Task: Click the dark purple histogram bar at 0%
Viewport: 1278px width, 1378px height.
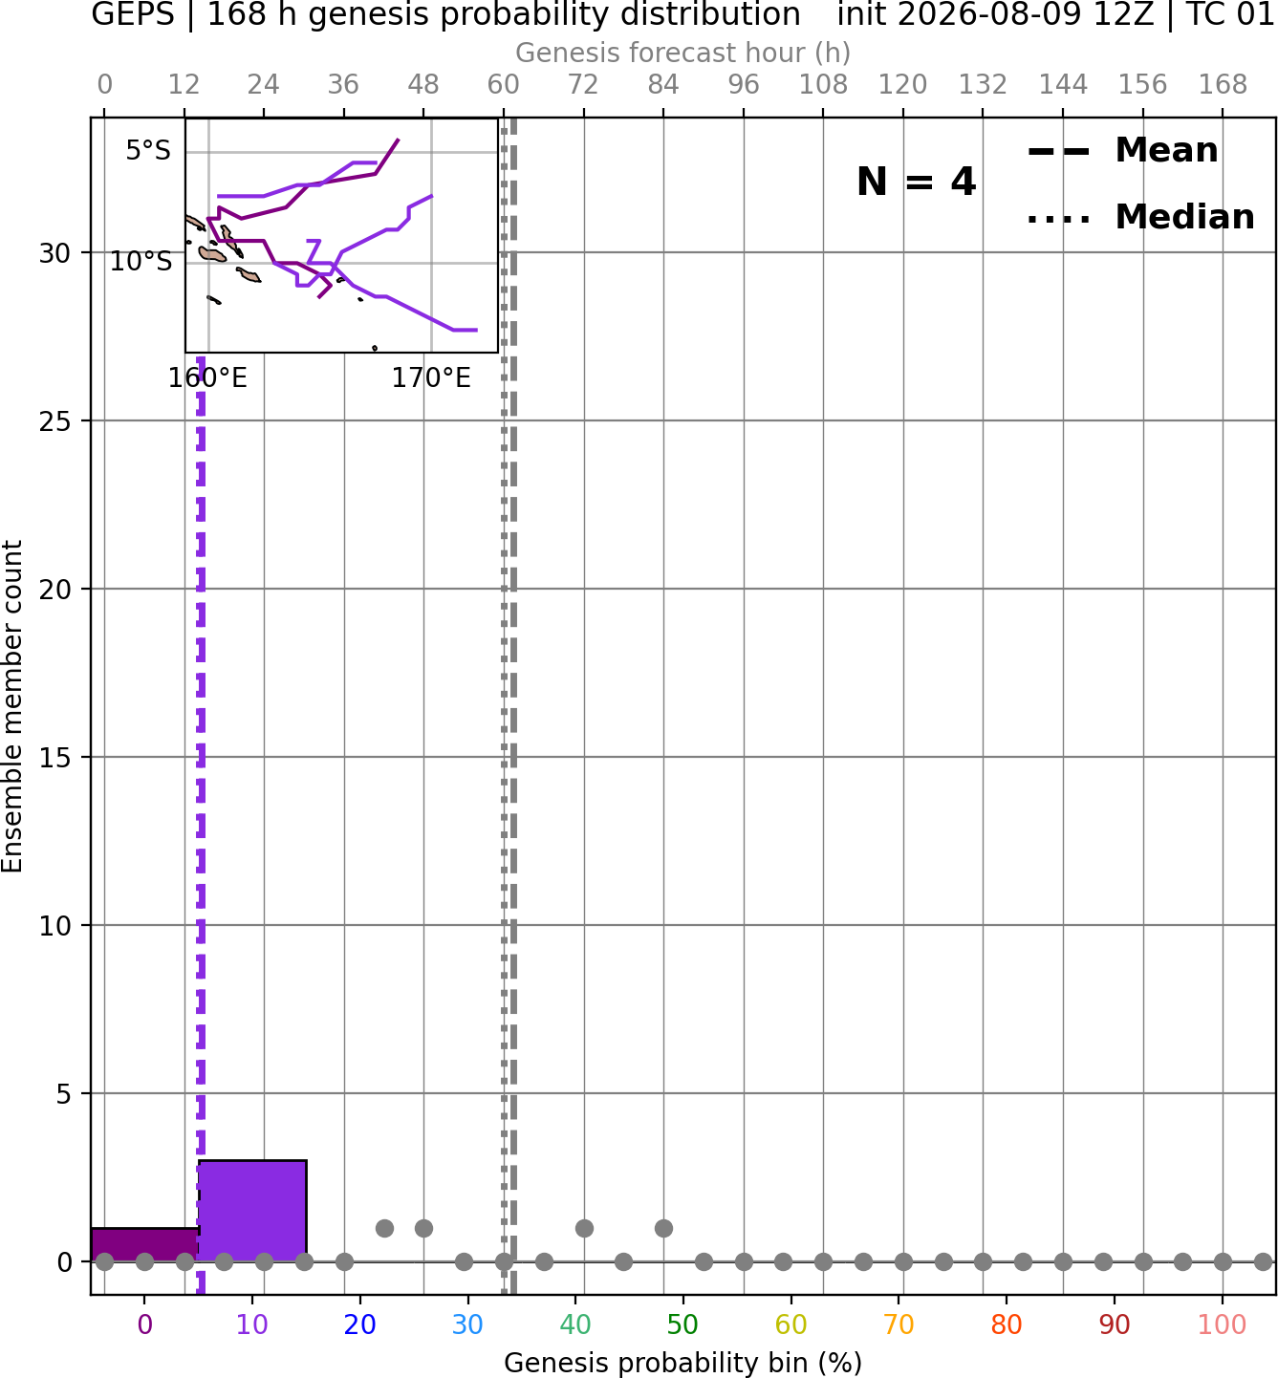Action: [145, 1244]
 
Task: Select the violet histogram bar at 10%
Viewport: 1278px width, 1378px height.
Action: [252, 1211]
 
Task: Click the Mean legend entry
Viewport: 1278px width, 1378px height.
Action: [1122, 151]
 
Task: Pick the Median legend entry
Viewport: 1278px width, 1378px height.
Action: [1140, 217]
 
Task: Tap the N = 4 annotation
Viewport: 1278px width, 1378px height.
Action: [917, 182]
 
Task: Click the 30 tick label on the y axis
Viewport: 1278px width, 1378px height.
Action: [54, 254]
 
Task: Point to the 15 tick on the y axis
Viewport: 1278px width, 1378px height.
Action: [54, 758]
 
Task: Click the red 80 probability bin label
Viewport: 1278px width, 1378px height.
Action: [1007, 1324]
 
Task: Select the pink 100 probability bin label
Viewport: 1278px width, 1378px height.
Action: [1223, 1324]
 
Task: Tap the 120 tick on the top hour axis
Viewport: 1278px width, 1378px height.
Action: [902, 85]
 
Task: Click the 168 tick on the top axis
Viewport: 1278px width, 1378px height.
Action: [1223, 85]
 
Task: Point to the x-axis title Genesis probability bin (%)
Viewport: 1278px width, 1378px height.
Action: [683, 1363]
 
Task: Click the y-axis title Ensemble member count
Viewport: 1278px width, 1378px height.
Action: [12, 706]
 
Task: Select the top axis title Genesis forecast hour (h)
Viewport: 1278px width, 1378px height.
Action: [683, 53]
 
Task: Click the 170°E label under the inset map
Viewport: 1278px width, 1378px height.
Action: [431, 378]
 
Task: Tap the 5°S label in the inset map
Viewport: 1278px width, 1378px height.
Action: [148, 151]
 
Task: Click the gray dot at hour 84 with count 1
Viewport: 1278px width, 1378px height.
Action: [663, 1228]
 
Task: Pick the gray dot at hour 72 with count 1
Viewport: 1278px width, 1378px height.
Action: [584, 1228]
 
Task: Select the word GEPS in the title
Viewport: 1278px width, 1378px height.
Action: [133, 14]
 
